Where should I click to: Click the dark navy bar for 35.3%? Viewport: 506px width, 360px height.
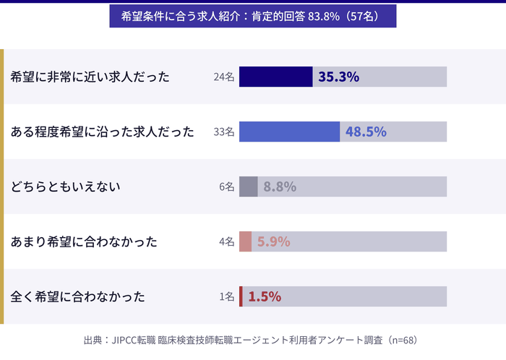click(x=275, y=77)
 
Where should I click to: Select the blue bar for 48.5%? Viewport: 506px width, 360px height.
click(x=289, y=132)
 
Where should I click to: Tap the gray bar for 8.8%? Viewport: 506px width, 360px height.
click(x=248, y=187)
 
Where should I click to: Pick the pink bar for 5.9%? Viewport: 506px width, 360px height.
click(x=245, y=241)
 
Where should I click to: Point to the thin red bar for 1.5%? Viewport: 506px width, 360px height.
click(x=241, y=296)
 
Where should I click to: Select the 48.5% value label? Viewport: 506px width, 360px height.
click(x=366, y=132)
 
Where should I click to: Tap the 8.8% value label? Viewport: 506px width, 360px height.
click(x=280, y=187)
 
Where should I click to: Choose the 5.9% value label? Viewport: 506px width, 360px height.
click(x=273, y=241)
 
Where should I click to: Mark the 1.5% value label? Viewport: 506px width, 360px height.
click(x=265, y=296)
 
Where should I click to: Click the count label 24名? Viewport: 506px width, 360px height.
click(x=224, y=77)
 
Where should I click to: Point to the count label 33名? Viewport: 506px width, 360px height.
click(x=224, y=132)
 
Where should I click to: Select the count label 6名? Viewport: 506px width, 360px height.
click(x=227, y=187)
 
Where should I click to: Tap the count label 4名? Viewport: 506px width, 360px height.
click(x=227, y=241)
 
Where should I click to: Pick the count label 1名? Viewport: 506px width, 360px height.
click(x=227, y=296)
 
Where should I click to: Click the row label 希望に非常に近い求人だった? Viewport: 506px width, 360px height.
click(x=90, y=77)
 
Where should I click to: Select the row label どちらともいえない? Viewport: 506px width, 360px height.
click(x=65, y=187)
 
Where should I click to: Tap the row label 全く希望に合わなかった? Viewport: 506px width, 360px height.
click(x=78, y=296)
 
